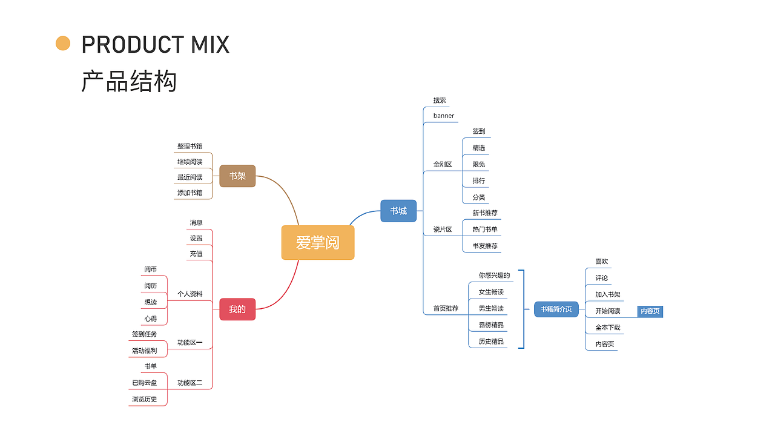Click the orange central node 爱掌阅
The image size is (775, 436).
point(318,242)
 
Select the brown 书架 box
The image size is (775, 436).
point(237,176)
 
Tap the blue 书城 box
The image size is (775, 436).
point(398,211)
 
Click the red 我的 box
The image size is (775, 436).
point(237,309)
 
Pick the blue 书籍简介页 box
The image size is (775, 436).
point(556,309)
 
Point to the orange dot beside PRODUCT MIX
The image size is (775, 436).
point(63,44)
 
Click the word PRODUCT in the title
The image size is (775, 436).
point(124,45)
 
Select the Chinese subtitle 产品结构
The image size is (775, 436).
point(129,81)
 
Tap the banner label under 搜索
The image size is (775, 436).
point(443,116)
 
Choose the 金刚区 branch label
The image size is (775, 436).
point(443,164)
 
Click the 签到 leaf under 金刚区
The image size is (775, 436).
point(479,131)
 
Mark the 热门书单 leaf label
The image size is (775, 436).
point(485,230)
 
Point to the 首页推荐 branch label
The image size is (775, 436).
point(446,308)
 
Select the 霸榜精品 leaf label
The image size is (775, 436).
point(491,325)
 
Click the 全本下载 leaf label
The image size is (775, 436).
point(608,328)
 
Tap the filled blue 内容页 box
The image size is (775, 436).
point(650,311)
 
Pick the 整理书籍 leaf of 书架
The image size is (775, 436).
point(190,147)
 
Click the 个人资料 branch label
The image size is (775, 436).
point(190,294)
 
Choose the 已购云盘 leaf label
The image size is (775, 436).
point(145,383)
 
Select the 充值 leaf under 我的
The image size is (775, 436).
point(196,254)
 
